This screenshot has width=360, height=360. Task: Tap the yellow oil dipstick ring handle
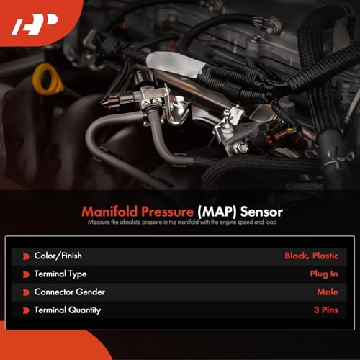pos(48,78)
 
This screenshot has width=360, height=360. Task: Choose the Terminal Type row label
pos(60,274)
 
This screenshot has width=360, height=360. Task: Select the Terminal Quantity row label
pos(67,310)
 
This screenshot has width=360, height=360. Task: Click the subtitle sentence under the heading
pos(179,223)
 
